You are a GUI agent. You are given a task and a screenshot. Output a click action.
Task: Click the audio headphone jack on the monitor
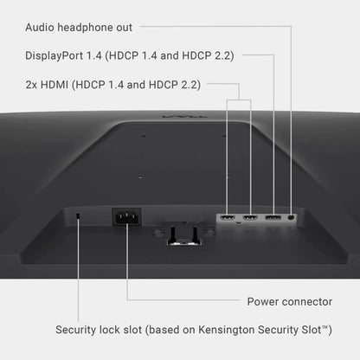point(292,217)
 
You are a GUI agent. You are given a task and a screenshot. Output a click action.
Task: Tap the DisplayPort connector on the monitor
point(273,217)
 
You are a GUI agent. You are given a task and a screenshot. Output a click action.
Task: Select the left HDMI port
point(228,217)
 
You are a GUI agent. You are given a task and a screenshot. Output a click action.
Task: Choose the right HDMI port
point(250,217)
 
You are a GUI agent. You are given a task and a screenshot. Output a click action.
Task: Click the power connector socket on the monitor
point(126,217)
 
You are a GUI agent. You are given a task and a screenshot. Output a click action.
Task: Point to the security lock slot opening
point(78,216)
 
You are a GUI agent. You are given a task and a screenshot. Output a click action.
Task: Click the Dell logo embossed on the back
point(184,116)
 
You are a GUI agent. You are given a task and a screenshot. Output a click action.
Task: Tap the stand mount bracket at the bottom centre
point(183,233)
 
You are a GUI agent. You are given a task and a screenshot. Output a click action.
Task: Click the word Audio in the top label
point(40,28)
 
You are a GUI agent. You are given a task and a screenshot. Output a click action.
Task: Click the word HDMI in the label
point(55,85)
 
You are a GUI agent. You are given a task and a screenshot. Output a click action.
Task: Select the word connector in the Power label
point(307,302)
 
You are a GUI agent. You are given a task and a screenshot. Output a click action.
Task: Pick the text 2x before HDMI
point(31,85)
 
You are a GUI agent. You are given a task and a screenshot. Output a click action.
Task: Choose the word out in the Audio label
point(125,28)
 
